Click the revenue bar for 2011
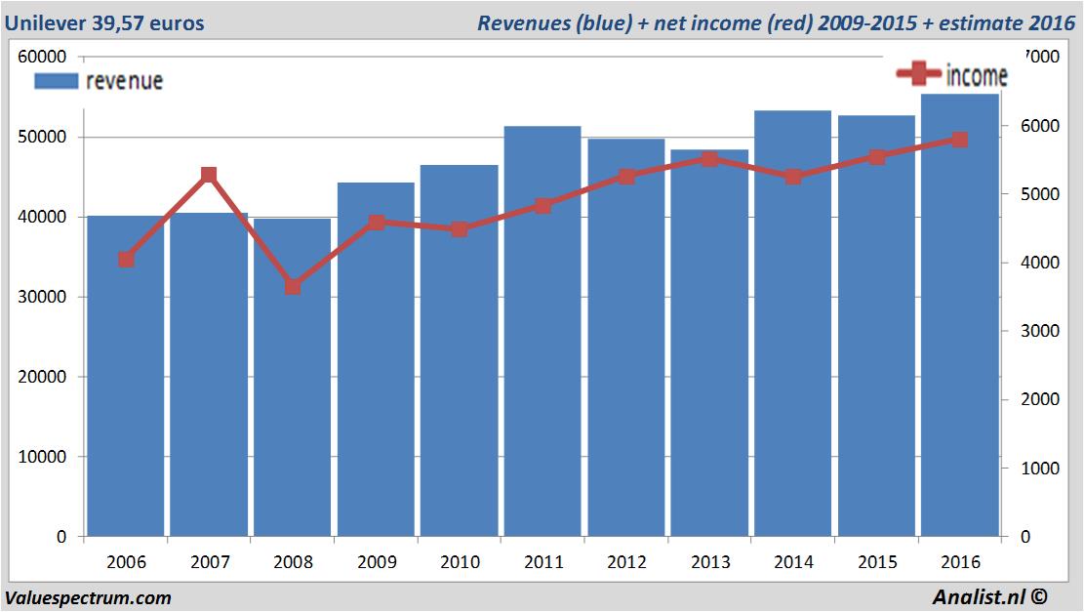click(x=542, y=332)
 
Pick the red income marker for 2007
click(x=209, y=176)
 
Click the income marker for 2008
click(x=293, y=287)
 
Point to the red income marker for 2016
click(x=960, y=140)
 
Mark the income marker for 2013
click(x=709, y=158)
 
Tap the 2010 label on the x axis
click(x=460, y=563)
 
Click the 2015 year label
click(x=876, y=563)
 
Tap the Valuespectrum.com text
click(x=88, y=597)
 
